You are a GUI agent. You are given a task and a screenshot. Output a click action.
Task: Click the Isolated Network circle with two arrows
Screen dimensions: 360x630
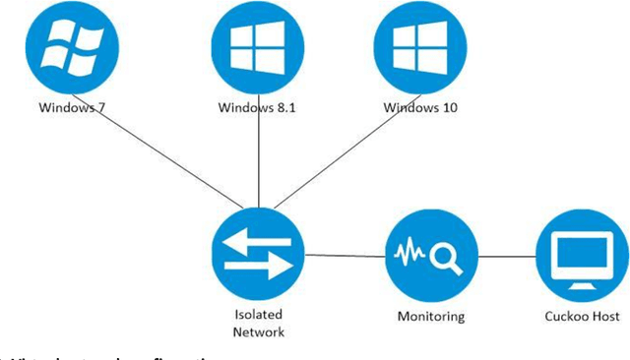(258, 254)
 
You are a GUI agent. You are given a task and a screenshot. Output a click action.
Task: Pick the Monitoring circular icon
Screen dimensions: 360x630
(429, 258)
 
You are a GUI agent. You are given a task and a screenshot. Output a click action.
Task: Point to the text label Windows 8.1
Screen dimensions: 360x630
(255, 107)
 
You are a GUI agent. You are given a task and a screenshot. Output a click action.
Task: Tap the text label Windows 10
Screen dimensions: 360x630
(420, 107)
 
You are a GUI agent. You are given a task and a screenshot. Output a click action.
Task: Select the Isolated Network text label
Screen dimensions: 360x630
(258, 324)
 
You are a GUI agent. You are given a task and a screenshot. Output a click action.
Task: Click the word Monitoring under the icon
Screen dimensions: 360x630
(430, 317)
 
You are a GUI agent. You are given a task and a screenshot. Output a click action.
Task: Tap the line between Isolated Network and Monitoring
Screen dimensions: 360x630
(345, 258)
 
